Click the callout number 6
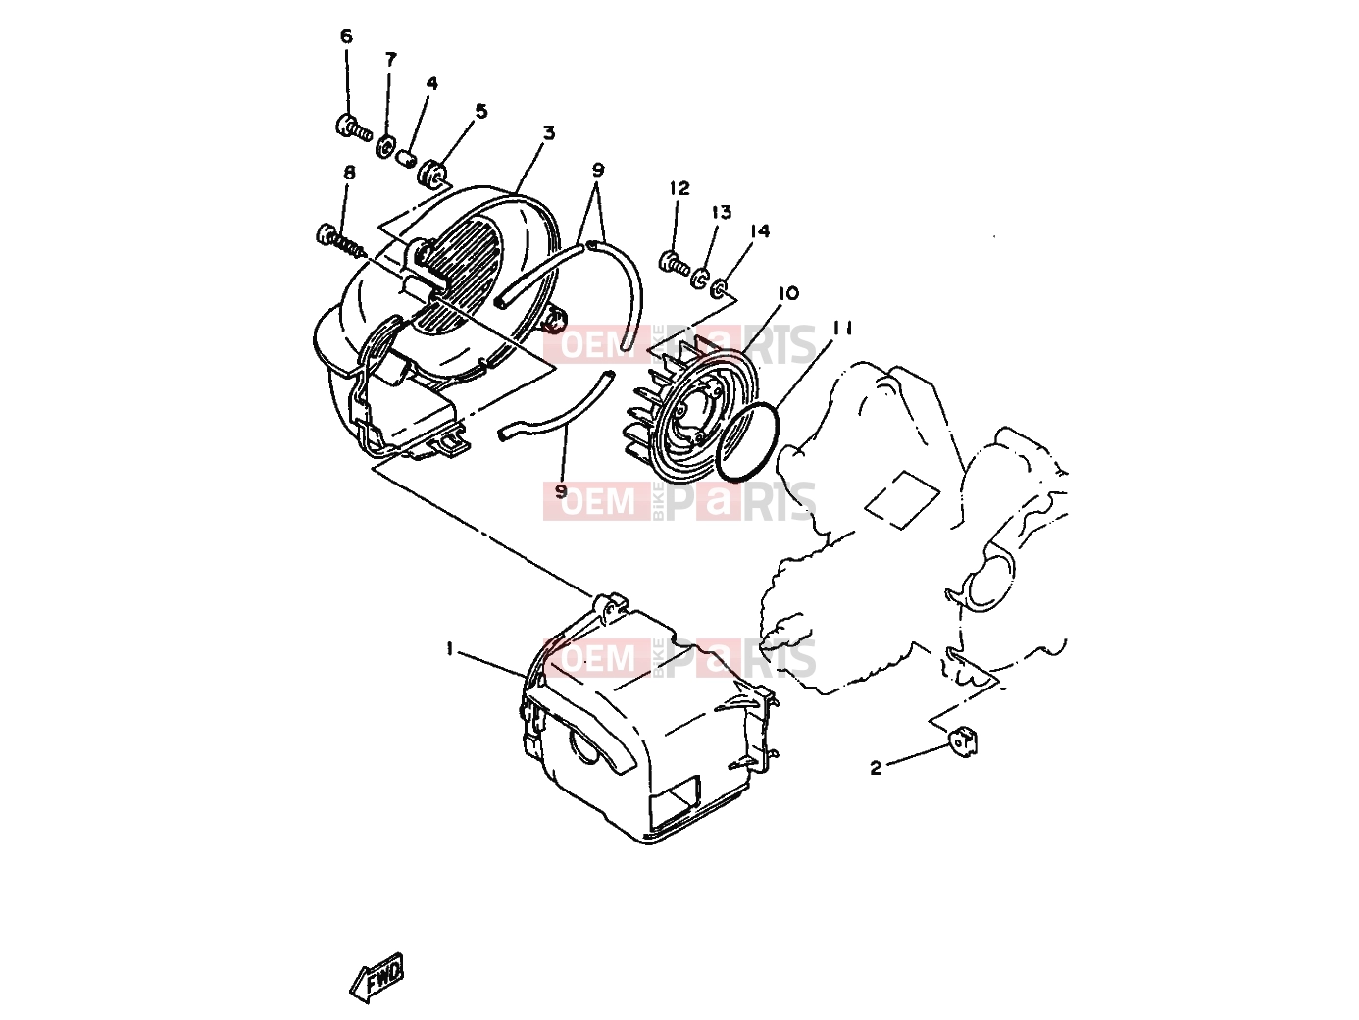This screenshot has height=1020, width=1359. (x=346, y=36)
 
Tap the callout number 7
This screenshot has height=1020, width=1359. (x=390, y=60)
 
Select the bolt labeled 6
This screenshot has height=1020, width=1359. (x=354, y=128)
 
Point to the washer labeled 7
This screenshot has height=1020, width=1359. (x=386, y=149)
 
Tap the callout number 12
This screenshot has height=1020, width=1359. (x=679, y=188)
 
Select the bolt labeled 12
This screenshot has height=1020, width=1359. (x=674, y=264)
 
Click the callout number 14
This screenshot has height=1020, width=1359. (x=759, y=231)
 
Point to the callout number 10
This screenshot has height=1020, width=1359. (x=788, y=293)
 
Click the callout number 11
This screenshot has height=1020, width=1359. (x=842, y=328)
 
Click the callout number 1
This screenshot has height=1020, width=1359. (x=450, y=648)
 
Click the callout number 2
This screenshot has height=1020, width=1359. (x=876, y=768)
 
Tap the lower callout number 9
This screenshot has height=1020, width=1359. (x=561, y=491)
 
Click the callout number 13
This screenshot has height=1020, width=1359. (x=722, y=213)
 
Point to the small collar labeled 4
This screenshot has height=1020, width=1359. (x=407, y=159)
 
